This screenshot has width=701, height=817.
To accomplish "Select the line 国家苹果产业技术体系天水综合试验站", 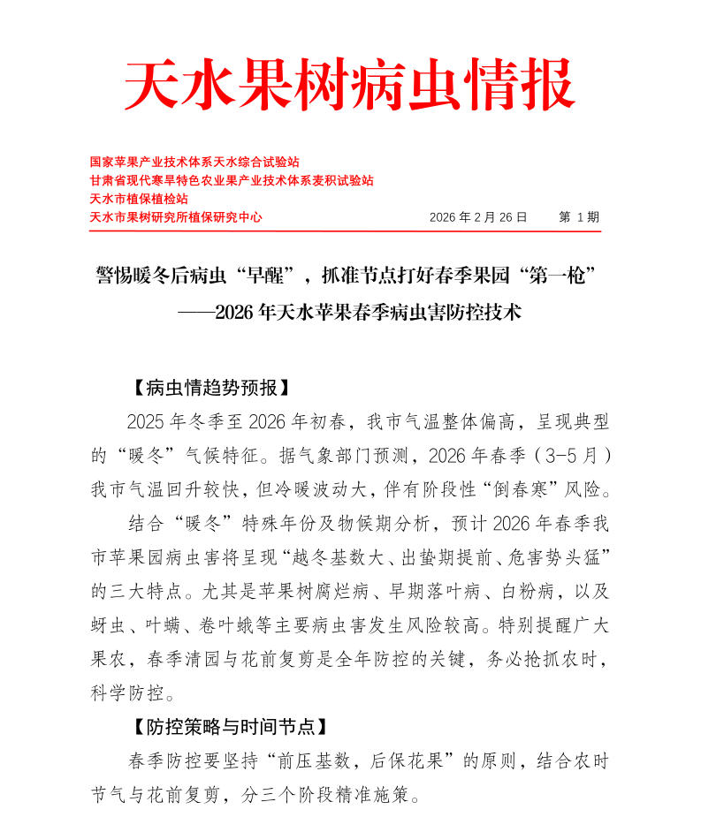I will pyautogui.click(x=195, y=163).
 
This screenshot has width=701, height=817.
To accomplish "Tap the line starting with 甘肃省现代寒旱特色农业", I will pyautogui.click(x=232, y=180).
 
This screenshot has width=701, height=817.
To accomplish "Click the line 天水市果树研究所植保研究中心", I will pyautogui.click(x=176, y=216).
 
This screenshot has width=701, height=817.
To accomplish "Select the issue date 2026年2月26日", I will pyautogui.click(x=477, y=216).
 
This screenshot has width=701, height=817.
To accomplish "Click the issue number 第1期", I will pyautogui.click(x=579, y=216).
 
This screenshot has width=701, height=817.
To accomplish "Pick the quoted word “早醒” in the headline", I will pyautogui.click(x=266, y=276).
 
